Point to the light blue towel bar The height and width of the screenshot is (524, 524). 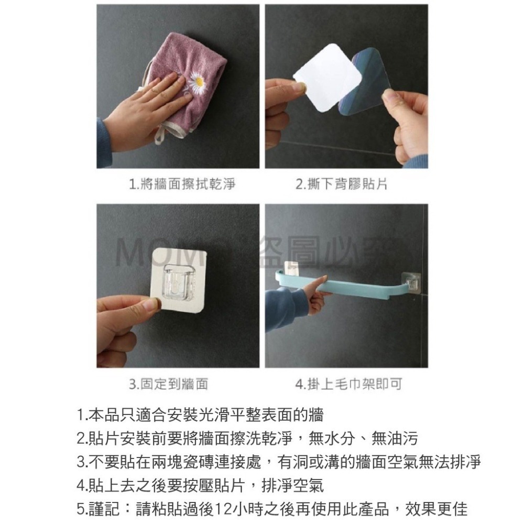click(x=362, y=293)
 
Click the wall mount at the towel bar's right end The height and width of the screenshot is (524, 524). click(x=412, y=283)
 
